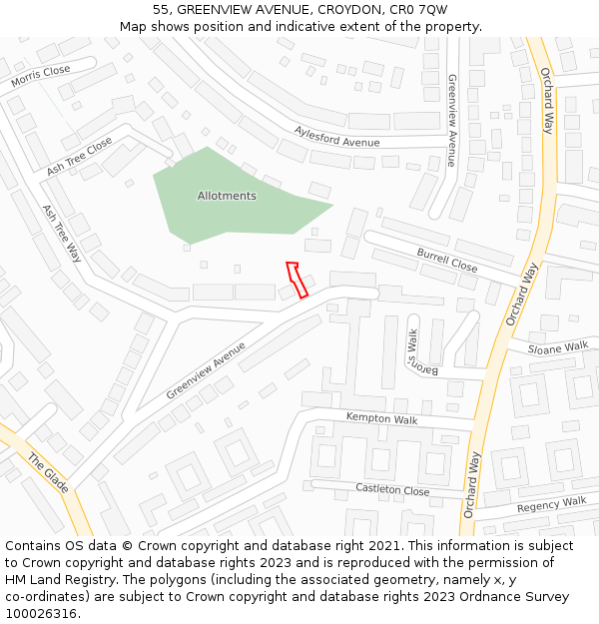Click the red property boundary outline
(296, 280)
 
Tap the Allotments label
(227, 196)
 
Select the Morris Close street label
(41, 76)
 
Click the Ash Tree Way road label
(62, 234)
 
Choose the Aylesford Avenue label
(336, 137)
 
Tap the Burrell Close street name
(447, 261)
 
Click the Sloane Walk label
(558, 348)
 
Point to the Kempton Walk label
(381, 418)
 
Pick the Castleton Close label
(392, 490)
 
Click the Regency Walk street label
(552, 505)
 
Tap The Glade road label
(48, 473)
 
